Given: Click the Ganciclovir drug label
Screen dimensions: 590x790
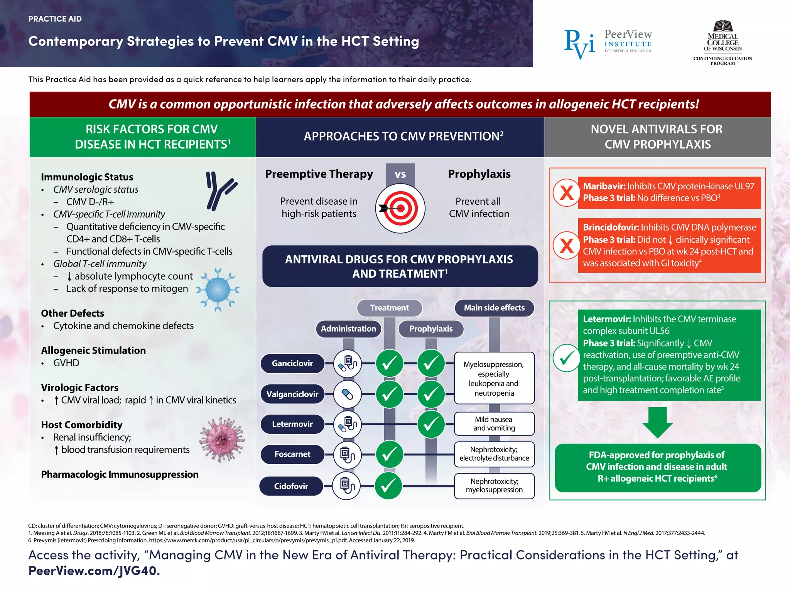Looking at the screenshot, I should [x=292, y=363].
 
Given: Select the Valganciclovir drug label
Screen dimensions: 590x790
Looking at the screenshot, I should [x=292, y=394].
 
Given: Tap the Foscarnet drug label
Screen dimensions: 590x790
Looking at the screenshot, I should [x=292, y=454].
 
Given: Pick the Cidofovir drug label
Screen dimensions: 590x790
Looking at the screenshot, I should [x=291, y=486].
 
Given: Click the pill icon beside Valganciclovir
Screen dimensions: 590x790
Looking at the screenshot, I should [x=348, y=394].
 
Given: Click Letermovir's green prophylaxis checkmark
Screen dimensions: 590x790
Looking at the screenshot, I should [x=431, y=424].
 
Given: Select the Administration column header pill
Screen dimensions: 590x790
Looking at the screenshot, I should [x=348, y=329].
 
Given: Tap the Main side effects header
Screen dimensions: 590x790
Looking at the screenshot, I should [x=494, y=308].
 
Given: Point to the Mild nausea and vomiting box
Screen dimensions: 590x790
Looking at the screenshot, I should [x=494, y=424].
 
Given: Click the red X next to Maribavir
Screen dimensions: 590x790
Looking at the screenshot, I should [x=566, y=192].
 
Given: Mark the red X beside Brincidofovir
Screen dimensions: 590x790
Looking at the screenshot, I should [x=566, y=245].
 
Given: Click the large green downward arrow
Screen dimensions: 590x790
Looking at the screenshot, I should [x=657, y=422].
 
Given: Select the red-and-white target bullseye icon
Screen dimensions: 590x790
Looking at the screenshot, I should [x=400, y=209].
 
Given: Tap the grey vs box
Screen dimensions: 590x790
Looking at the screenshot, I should [x=400, y=174].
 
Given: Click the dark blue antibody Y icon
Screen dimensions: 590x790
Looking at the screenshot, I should [x=220, y=190].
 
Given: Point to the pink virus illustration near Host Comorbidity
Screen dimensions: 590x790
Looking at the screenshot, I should [x=222, y=439].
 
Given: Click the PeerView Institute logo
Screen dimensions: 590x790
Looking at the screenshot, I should [x=608, y=44].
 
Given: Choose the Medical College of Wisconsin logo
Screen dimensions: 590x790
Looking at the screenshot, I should [x=722, y=42].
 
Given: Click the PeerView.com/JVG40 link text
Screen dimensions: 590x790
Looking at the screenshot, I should [x=94, y=571].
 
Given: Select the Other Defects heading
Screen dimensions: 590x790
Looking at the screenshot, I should [x=73, y=313].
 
